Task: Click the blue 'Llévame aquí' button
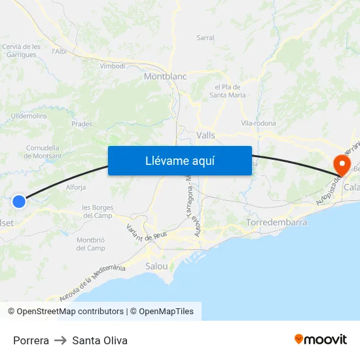pos(179,160)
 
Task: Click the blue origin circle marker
pos(19,202)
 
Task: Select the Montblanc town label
pos(165,77)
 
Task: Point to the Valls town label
pos(206,135)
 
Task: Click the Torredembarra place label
pos(277,223)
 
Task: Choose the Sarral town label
pos(206,38)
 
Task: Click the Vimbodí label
pos(113,66)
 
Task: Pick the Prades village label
pos(81,123)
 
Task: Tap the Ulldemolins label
pos(29,116)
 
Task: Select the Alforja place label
pos(76,187)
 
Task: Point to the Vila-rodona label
pos(259,123)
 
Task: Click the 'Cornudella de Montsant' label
pos(44,152)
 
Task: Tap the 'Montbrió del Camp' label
pos(91,244)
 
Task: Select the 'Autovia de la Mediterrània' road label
pos(91,281)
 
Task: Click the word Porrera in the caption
pos(31,340)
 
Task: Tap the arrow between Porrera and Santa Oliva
pos(61,340)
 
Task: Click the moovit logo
pos(320,339)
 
